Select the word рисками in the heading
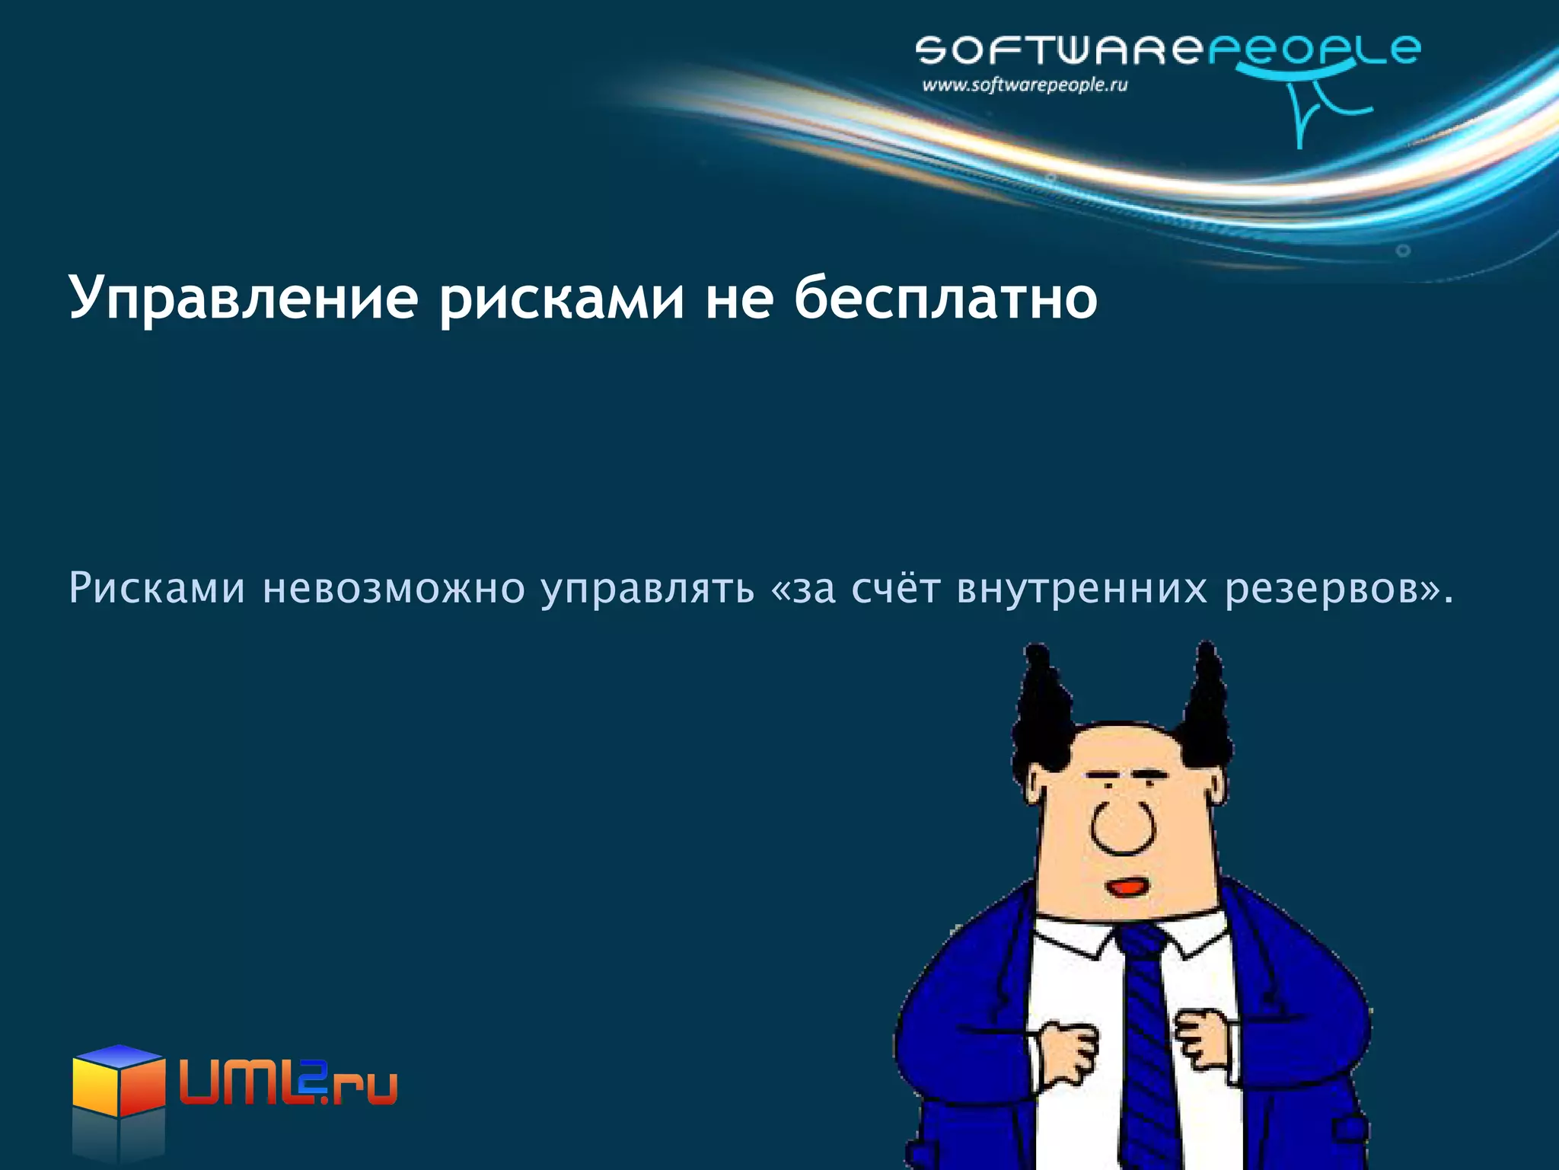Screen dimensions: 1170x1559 coord(562,299)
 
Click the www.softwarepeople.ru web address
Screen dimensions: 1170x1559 coord(1025,85)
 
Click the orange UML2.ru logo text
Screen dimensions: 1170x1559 coord(288,1079)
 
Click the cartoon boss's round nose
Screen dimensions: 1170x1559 coord(1123,826)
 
